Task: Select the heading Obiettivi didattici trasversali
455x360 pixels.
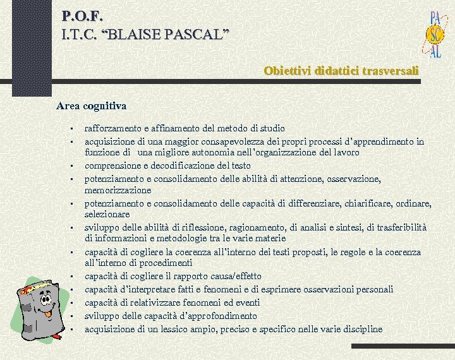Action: [341, 71]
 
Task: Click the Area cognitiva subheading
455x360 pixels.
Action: [91, 105]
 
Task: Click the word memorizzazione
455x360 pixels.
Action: [118, 190]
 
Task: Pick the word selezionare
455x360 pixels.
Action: [107, 214]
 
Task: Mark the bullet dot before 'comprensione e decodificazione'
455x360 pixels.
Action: [73, 167]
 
